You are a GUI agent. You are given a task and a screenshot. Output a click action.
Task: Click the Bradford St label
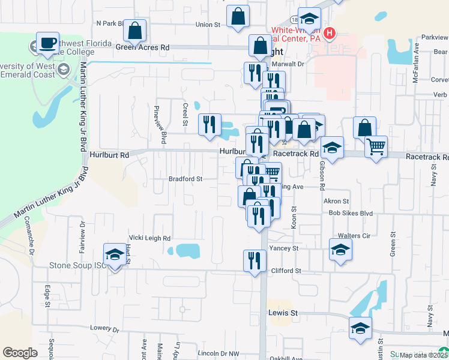[x=185, y=179]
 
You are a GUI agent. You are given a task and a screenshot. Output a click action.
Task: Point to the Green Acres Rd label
[x=143, y=47]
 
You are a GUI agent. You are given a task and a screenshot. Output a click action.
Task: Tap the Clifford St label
[x=286, y=271]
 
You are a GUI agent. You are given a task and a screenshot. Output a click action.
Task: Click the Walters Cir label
[x=354, y=236]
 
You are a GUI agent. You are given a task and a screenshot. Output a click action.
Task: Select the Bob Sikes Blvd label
[x=351, y=214]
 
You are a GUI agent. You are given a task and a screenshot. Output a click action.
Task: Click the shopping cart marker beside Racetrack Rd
[x=376, y=146]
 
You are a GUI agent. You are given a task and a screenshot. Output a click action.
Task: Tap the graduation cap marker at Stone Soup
[x=114, y=256]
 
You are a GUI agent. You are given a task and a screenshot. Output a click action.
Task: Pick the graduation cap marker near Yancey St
[x=340, y=249]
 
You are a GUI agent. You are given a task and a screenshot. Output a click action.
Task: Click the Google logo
[x=20, y=353]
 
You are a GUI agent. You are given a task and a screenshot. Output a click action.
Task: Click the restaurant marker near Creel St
[x=209, y=125]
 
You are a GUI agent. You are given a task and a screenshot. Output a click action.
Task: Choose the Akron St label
[x=336, y=202]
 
